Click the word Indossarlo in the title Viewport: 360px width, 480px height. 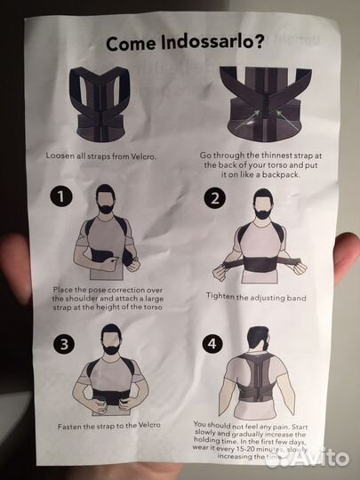point(212,42)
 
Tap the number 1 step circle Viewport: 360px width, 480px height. point(61,196)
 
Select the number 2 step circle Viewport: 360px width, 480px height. point(215,198)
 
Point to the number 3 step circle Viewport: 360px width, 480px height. point(64,344)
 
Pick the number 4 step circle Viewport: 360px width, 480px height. point(212,343)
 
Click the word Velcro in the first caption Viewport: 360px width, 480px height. point(144,156)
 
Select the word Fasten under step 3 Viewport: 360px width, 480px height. point(69,426)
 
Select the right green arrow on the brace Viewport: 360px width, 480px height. point(287,120)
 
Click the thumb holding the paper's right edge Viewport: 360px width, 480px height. point(348,257)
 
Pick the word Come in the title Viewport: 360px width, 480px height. point(131,44)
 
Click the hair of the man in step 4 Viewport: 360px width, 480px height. point(257,333)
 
